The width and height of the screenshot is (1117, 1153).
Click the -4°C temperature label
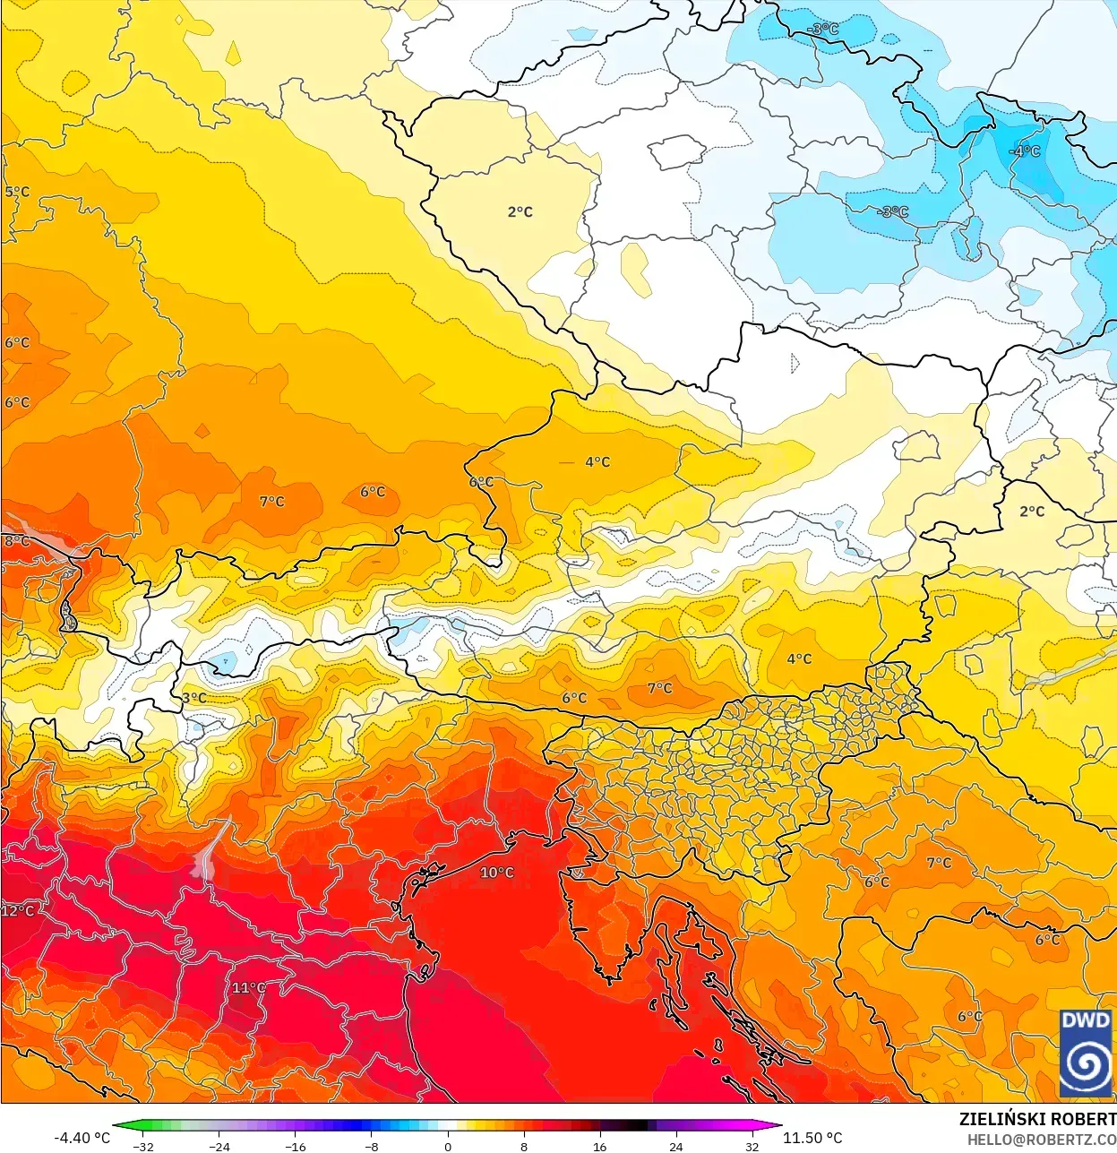click(1025, 151)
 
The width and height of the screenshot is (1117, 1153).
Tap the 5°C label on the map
click(17, 192)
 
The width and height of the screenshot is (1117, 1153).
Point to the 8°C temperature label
click(16, 540)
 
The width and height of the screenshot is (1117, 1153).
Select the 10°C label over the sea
click(497, 873)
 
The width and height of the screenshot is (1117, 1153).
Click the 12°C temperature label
click(18, 911)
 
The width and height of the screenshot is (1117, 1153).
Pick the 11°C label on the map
click(249, 988)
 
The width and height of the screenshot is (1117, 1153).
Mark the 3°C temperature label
click(193, 698)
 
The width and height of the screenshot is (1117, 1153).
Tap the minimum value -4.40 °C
click(82, 1138)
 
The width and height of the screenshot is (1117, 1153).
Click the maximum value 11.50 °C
click(812, 1138)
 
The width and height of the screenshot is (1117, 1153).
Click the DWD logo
click(1086, 1053)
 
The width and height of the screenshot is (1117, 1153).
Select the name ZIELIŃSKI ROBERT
click(1037, 1120)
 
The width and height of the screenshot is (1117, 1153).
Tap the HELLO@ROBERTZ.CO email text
click(1041, 1140)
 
